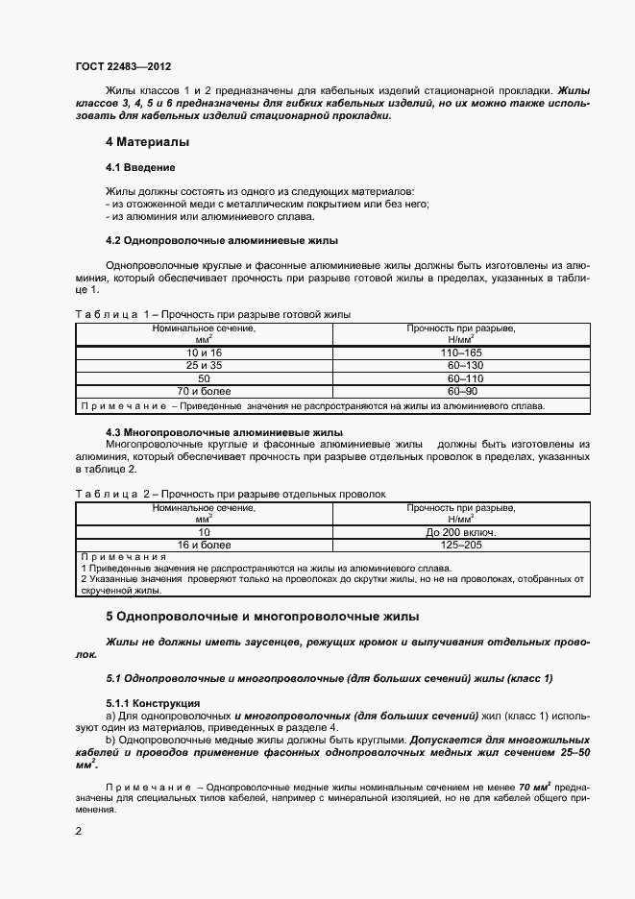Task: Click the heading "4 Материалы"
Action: (147, 142)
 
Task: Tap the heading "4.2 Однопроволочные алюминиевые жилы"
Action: (221, 240)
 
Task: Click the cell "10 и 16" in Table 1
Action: (204, 353)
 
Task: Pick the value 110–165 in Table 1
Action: (461, 353)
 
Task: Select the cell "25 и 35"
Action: (204, 366)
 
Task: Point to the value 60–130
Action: (461, 366)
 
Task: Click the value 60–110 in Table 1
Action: (461, 379)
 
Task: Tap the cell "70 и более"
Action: (204, 392)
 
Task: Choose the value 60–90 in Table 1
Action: (461, 392)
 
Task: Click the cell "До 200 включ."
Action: (461, 531)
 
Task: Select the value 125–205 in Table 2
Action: (461, 545)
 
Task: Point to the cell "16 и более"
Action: (204, 545)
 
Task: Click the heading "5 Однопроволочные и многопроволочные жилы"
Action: (261, 616)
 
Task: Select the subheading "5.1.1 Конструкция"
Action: (153, 703)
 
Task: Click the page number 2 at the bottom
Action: (79, 829)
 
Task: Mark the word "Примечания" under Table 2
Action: (124, 557)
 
